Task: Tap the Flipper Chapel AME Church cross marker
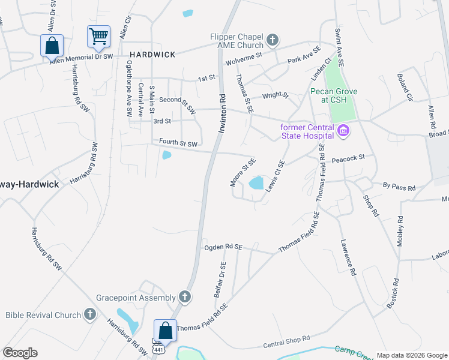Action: [x=273, y=41]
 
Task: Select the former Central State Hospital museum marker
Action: [x=343, y=130]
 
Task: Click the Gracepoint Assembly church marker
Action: [x=185, y=297]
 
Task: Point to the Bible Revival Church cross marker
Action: [x=90, y=314]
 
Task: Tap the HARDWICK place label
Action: [x=151, y=55]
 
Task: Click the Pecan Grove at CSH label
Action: [x=334, y=95]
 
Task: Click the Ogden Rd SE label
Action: [x=223, y=247]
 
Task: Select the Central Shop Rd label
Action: [x=286, y=342]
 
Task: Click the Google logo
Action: [x=20, y=353]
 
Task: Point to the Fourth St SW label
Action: [x=178, y=143]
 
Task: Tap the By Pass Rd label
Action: [x=399, y=188]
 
